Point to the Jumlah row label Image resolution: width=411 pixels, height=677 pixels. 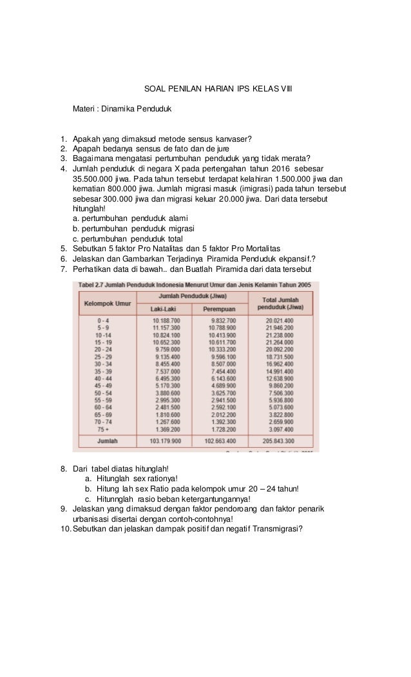103,443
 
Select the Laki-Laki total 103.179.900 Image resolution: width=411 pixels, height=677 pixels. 166,443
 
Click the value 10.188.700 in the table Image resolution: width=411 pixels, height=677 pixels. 166,320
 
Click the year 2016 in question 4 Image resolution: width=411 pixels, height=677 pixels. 277,169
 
